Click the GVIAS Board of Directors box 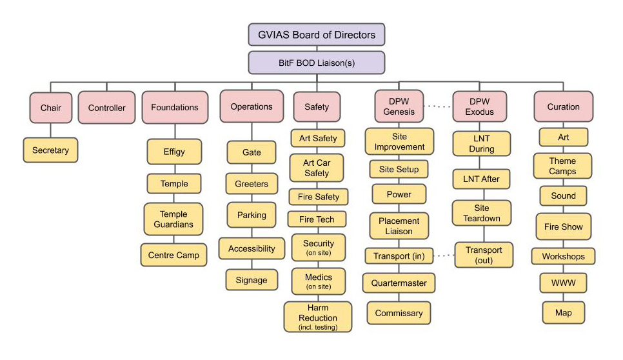(316, 34)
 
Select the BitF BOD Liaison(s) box (316, 63)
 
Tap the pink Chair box (50, 107)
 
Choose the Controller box (106, 107)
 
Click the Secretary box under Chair (50, 150)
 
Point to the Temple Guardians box (174, 219)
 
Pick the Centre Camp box (174, 255)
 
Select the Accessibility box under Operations (252, 248)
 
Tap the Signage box (252, 280)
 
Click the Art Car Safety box (317, 168)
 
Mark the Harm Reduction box (318, 317)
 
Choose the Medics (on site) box (318, 281)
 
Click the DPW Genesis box (399, 107)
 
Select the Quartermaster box (399, 283)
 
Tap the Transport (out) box (484, 255)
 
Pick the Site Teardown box (482, 214)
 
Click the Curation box (563, 107)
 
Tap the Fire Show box (563, 227)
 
